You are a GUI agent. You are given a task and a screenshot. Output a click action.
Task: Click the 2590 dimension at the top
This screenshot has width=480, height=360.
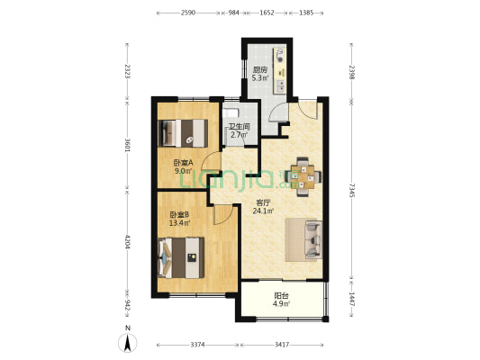(x=188, y=13)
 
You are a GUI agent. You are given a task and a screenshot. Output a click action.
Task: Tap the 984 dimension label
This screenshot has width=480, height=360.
(x=233, y=13)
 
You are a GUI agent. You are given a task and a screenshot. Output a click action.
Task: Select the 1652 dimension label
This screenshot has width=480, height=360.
(x=267, y=13)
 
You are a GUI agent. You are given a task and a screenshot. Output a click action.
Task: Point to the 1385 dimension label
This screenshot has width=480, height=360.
(x=306, y=13)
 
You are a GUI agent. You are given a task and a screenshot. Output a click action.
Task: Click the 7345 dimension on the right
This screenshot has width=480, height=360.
(x=352, y=190)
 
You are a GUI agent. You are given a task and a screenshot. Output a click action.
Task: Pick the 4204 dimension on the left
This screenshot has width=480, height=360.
(x=128, y=241)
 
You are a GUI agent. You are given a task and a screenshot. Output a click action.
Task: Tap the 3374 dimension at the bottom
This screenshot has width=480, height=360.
(x=198, y=345)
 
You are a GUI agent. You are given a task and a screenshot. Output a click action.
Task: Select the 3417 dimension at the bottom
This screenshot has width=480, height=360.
(x=282, y=345)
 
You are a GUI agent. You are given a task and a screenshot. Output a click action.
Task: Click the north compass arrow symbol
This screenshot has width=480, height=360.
(x=128, y=343)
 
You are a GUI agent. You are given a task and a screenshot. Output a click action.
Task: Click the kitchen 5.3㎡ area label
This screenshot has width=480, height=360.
(x=260, y=78)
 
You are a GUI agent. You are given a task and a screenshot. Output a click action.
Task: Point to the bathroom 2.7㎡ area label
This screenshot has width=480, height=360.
(x=239, y=135)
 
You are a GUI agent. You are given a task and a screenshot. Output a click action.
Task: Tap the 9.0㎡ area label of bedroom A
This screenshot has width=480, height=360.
(x=184, y=171)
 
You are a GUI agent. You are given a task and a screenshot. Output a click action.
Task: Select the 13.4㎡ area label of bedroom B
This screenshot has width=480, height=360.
(x=180, y=222)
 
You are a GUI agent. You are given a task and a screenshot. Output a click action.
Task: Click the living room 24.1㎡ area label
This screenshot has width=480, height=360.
(x=263, y=211)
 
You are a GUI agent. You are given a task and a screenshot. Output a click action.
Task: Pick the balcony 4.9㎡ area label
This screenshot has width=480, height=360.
(x=281, y=303)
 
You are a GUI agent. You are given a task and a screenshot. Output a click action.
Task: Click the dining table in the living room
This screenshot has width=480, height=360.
(x=303, y=176)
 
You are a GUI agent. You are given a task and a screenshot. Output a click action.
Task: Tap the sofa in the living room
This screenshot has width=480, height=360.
(x=313, y=239)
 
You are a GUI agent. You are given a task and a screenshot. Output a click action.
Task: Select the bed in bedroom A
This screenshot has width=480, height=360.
(x=183, y=133)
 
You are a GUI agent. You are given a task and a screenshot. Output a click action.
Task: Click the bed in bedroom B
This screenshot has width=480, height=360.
(x=181, y=257)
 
